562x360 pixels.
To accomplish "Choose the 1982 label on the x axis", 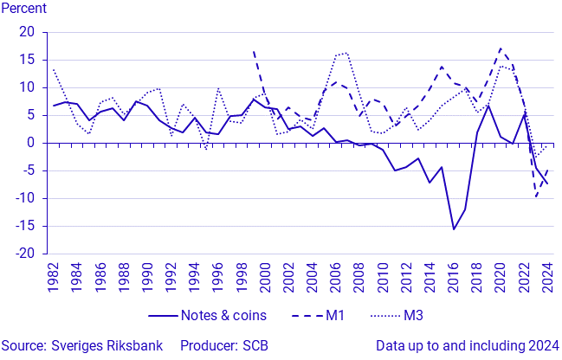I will (54, 277).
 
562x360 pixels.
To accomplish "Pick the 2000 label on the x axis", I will (265, 277).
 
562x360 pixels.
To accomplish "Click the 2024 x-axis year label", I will (546, 277).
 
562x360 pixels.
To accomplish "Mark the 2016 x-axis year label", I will (453, 277).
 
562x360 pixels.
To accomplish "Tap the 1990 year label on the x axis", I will (147, 277).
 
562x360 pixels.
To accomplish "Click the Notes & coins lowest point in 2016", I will (453, 229).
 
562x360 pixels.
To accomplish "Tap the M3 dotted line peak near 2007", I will (347, 52).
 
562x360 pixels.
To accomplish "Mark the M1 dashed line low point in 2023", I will (536, 197).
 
